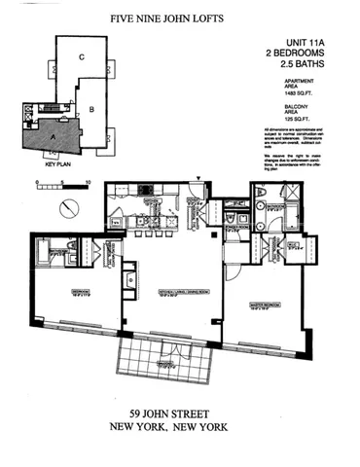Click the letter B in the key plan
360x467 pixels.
click(90, 110)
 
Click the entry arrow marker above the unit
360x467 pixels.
click(199, 178)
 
